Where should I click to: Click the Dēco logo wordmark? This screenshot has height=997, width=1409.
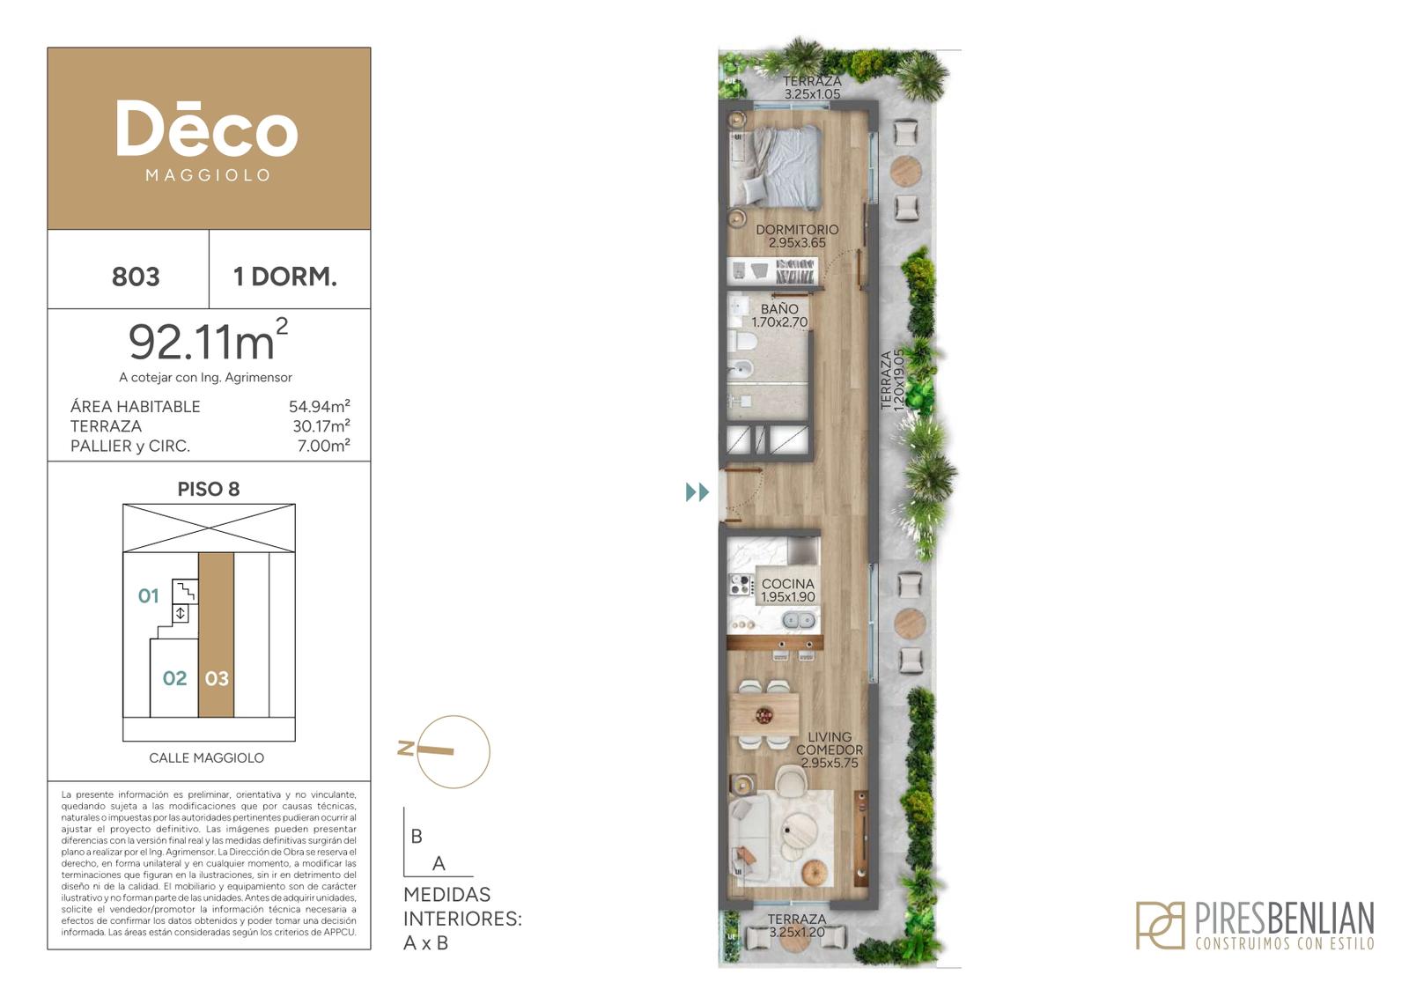coord(207,129)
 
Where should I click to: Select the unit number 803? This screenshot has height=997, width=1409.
coord(136,277)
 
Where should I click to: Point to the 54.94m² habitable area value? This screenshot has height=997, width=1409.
coord(320,406)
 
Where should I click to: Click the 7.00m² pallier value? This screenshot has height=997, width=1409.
coord(323,446)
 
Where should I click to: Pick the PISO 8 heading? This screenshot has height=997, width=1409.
coord(208,489)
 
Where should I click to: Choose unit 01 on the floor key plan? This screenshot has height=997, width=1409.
coord(149,595)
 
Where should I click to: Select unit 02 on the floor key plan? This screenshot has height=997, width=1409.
coord(174,678)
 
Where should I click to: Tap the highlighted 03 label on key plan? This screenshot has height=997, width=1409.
coord(217,678)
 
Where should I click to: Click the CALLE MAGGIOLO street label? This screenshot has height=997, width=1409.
coord(206,758)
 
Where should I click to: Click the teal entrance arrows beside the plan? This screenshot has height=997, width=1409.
coord(697,492)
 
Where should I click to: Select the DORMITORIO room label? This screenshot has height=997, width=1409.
coord(797,230)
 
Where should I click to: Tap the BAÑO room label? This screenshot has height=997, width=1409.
coord(779,309)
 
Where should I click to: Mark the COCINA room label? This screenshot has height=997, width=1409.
coord(788,584)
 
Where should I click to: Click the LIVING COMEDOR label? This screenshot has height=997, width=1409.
coord(830,742)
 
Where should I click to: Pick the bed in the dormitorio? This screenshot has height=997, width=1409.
coord(776,166)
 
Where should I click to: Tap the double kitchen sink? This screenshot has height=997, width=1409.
coord(799,622)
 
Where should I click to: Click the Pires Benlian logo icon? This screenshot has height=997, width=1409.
coord(1160,926)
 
